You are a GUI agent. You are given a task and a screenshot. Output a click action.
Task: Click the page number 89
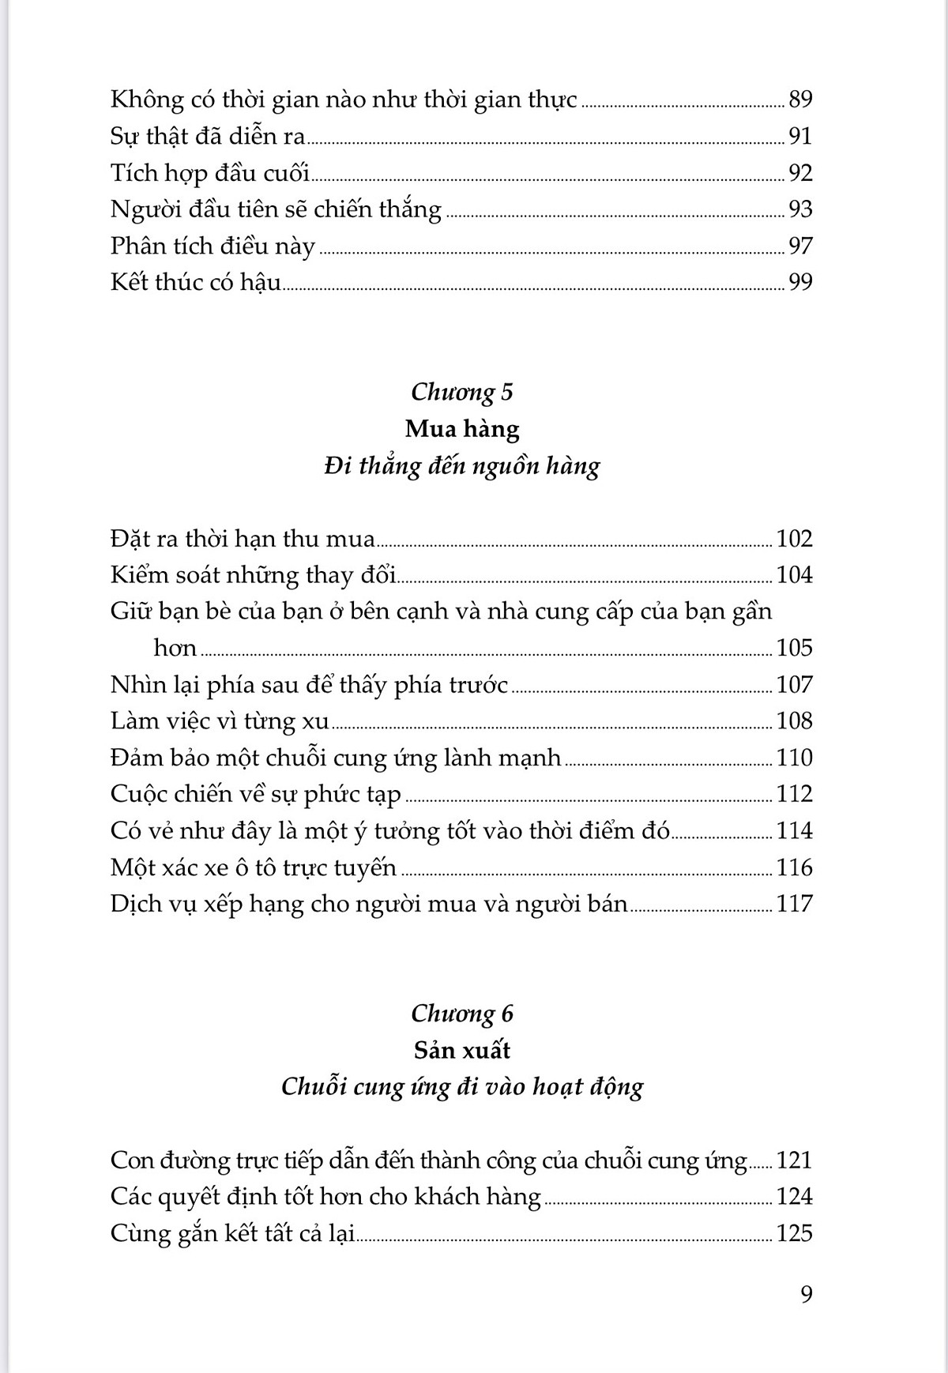click(800, 100)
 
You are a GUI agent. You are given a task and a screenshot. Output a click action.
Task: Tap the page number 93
click(800, 209)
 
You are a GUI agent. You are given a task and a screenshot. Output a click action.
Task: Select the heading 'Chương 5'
click(462, 392)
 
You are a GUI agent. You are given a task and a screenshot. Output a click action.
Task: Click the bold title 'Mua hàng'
click(462, 429)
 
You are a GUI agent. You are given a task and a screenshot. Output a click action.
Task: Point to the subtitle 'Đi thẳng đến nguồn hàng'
click(462, 466)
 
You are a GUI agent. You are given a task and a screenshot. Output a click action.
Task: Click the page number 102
click(794, 539)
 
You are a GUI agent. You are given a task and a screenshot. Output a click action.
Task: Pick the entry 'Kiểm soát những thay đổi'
click(253, 575)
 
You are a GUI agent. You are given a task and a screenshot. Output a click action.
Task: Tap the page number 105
click(794, 648)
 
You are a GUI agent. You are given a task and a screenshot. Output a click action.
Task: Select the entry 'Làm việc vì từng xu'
click(220, 721)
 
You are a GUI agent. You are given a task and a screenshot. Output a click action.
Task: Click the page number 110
click(794, 758)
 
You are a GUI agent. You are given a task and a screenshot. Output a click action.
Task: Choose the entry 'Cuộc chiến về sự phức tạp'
click(256, 794)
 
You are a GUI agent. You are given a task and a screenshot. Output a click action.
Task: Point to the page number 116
click(794, 867)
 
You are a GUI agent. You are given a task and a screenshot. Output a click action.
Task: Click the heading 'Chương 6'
click(462, 1014)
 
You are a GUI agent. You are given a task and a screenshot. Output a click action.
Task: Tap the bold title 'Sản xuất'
click(462, 1051)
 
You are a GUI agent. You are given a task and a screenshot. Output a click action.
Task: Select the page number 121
click(794, 1160)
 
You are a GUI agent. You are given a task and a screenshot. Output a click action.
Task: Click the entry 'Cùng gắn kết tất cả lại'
click(233, 1234)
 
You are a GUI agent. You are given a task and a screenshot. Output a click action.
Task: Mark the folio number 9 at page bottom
click(806, 1294)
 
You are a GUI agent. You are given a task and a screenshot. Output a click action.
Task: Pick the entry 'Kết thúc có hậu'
click(196, 283)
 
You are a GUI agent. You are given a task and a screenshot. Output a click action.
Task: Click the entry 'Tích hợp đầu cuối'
click(210, 173)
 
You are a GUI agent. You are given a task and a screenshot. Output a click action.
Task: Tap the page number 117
click(794, 904)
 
